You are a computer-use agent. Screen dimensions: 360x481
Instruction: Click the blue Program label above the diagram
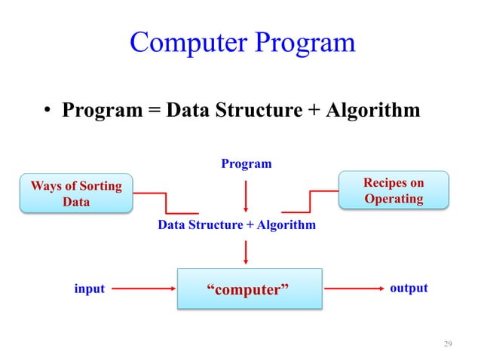[246, 163]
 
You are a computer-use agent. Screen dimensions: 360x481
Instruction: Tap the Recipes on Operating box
[393, 191]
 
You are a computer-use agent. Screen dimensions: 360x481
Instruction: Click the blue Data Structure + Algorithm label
[237, 225]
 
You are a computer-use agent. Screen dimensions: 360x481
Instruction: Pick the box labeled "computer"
[249, 288]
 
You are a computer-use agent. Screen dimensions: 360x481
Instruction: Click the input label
[89, 288]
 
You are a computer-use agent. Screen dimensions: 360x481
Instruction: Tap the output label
[409, 288]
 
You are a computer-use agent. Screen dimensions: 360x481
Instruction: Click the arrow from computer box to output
[351, 288]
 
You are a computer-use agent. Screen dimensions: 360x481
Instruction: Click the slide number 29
[448, 344]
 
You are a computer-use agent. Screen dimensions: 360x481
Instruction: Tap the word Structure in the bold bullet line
[256, 111]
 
